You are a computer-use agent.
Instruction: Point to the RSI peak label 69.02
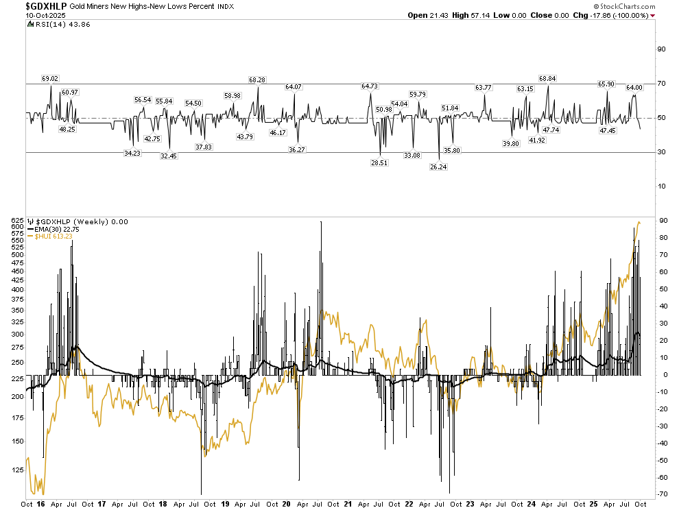coord(50,79)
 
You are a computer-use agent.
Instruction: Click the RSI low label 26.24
coord(438,167)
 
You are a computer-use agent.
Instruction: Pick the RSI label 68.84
coord(547,79)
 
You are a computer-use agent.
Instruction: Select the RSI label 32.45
coord(169,156)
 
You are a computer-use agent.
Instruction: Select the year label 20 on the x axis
coord(285,504)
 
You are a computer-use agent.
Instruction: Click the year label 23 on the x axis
coord(470,504)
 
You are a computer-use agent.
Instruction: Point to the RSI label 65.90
coord(606,84)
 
